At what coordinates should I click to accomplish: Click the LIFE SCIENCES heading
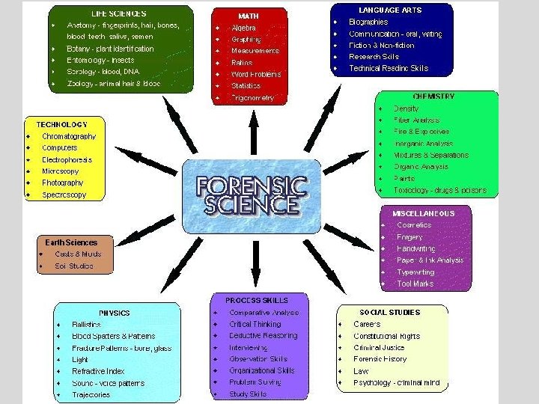(119, 13)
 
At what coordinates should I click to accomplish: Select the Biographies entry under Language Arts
(368, 22)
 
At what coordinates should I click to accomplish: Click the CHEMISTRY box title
(433, 97)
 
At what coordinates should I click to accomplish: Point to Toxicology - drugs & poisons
(440, 191)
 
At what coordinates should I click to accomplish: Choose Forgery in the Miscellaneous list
(409, 237)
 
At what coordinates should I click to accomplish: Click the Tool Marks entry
(415, 284)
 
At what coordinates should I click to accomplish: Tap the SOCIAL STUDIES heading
(390, 312)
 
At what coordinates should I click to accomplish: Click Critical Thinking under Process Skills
(255, 325)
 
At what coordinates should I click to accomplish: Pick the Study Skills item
(248, 394)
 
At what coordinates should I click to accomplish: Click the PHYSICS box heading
(115, 313)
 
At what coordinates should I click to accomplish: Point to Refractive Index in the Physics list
(98, 371)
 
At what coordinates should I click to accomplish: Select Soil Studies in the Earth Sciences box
(73, 266)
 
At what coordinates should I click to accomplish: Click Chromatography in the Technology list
(69, 137)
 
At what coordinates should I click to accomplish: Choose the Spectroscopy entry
(64, 195)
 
